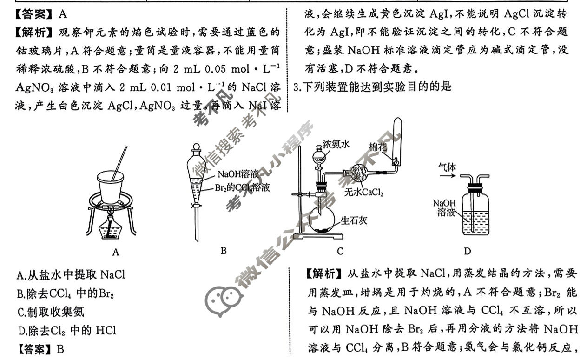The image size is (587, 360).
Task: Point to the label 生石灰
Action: pyautogui.click(x=354, y=220)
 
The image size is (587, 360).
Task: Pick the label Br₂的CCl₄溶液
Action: pyautogui.click(x=242, y=188)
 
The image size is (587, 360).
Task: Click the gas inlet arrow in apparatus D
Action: pyautogui.click(x=447, y=176)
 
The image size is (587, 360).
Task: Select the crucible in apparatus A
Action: pyautogui.click(x=111, y=186)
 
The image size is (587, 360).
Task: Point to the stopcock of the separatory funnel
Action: pyautogui.click(x=196, y=205)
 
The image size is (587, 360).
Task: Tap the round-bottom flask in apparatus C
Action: pyautogui.click(x=321, y=219)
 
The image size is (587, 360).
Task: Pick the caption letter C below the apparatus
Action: pyautogui.click(x=340, y=252)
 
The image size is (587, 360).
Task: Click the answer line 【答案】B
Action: pyautogui.click(x=40, y=348)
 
